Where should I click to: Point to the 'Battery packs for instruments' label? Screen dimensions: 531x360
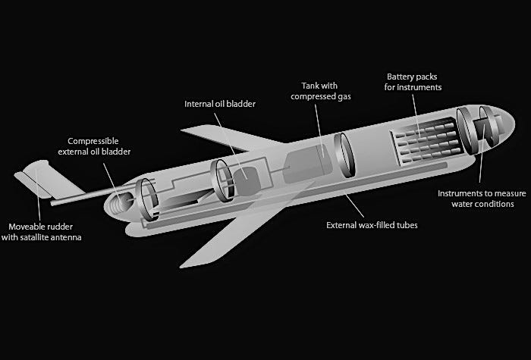413,82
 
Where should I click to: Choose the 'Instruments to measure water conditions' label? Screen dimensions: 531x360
476,199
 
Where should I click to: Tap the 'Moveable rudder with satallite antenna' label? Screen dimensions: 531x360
46,232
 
